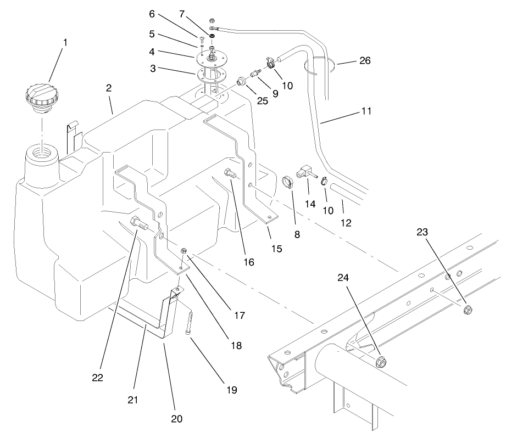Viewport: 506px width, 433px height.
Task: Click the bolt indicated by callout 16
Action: (x=230, y=175)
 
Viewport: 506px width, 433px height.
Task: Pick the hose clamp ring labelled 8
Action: (x=286, y=181)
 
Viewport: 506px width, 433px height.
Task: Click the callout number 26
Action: (x=364, y=60)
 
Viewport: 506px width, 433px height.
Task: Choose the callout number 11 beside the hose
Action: (x=366, y=111)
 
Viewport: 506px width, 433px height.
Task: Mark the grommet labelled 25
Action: (x=241, y=82)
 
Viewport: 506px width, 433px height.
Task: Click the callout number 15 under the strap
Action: (x=276, y=248)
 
